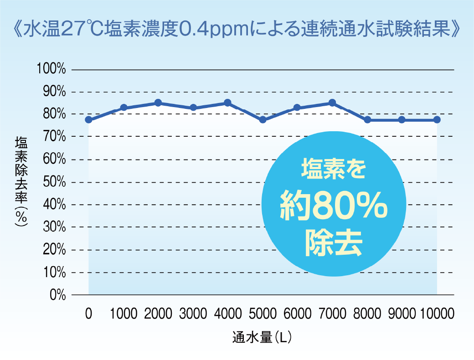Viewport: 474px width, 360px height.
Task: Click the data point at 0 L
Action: point(88,120)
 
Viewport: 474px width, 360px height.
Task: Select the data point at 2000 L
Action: point(158,103)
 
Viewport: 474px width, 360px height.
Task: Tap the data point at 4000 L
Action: point(227,103)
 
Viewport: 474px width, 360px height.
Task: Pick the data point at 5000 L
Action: point(263,120)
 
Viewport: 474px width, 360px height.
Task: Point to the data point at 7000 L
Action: point(332,103)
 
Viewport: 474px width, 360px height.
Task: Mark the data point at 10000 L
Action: point(437,120)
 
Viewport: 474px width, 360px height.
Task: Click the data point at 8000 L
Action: point(367,120)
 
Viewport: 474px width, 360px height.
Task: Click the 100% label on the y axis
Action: point(51,70)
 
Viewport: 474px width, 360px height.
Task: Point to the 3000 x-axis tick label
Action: point(193,314)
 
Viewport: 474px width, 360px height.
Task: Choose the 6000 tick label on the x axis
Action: point(297,314)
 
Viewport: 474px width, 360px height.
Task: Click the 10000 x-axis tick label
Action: point(437,314)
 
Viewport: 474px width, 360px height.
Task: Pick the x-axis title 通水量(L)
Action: point(262,338)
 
